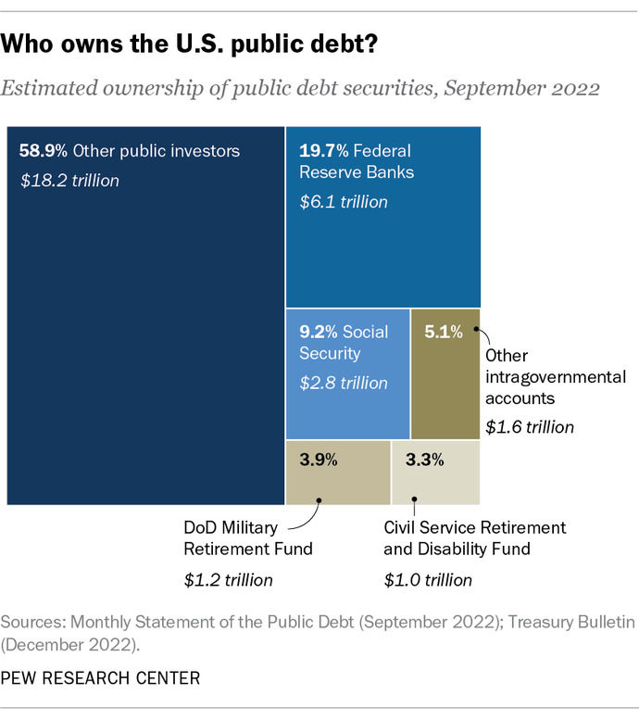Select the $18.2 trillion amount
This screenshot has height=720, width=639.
click(x=69, y=180)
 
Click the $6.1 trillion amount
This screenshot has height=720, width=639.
click(x=343, y=201)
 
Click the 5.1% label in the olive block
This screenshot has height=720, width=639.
click(x=443, y=332)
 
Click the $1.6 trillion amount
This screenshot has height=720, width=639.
click(x=530, y=427)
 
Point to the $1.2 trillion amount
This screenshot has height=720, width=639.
click(x=229, y=580)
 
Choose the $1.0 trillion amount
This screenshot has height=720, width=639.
click(x=428, y=580)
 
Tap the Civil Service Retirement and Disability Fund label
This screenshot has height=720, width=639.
click(x=474, y=538)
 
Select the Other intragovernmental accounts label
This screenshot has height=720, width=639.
click(x=556, y=377)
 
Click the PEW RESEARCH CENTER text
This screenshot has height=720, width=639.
click(x=102, y=678)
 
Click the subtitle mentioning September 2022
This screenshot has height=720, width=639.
click(x=301, y=89)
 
